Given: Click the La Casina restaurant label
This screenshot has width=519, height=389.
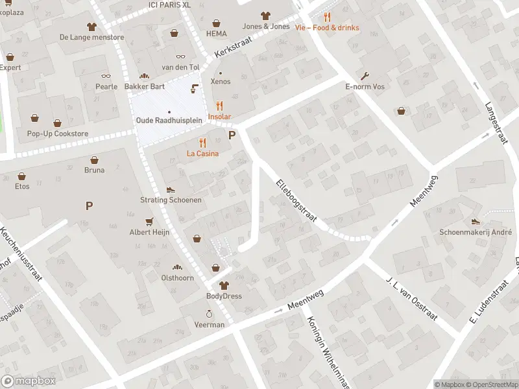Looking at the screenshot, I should tap(202, 154).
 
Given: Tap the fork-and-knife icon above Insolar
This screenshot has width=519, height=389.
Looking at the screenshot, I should tap(219, 106).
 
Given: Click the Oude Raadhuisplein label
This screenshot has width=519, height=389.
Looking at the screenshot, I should tap(169, 121).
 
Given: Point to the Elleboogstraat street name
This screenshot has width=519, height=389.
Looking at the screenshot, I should tap(296, 201).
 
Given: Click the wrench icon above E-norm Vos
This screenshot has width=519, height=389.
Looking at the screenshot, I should tap(365, 75).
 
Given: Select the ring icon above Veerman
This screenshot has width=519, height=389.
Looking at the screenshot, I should tap(210, 313).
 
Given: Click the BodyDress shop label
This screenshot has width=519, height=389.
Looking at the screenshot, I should tap(224, 296).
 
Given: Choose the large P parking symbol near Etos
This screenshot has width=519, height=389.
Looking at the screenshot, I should tap(89, 206).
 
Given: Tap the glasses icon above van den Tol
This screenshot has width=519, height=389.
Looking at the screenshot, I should tap(180, 56).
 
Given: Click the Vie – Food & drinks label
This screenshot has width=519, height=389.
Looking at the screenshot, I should tap(326, 28).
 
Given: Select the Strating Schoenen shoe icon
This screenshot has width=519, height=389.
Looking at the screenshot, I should tap(171, 189).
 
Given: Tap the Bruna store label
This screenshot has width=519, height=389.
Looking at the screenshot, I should tap(94, 171).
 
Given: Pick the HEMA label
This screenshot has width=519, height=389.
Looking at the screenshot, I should tap(216, 33).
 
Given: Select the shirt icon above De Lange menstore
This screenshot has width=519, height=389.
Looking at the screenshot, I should tap(91, 27).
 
